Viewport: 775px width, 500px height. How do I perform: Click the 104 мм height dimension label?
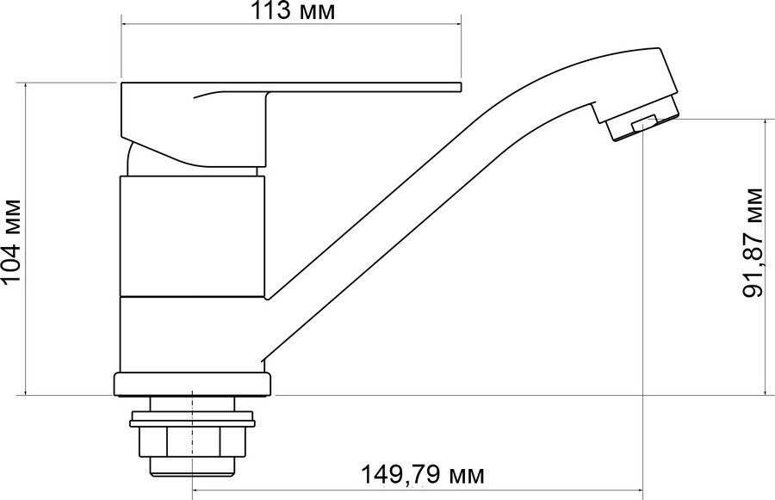click(11, 242)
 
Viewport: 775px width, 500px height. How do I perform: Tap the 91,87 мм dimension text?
click(753, 242)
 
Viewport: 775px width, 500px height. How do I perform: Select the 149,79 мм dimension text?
click(423, 475)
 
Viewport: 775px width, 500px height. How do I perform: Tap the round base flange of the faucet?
click(192, 385)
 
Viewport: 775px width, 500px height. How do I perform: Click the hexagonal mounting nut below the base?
click(192, 441)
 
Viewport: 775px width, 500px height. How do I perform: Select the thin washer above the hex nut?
click(192, 423)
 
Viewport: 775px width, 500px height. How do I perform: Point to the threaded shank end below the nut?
click(192, 467)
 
